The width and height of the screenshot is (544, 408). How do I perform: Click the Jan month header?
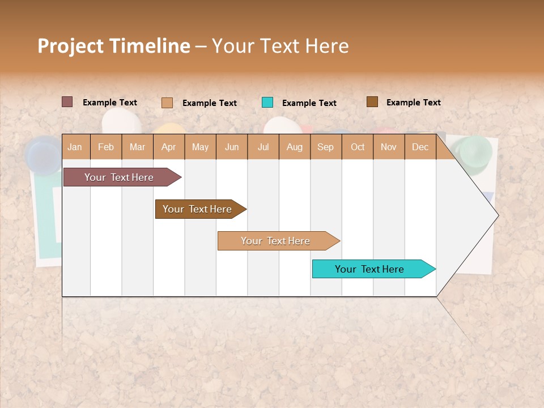(x=75, y=147)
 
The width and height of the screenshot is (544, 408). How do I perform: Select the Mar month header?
(x=137, y=147)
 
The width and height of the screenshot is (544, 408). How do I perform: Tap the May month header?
(x=200, y=147)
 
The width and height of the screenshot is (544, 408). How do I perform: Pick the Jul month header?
(x=263, y=147)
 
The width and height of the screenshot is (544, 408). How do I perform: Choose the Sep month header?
(x=325, y=147)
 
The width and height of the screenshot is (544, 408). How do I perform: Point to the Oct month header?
(x=358, y=147)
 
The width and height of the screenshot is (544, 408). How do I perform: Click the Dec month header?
(x=420, y=147)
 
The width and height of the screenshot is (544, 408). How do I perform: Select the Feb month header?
(x=106, y=147)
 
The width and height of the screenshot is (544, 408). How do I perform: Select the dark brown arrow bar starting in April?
(x=198, y=209)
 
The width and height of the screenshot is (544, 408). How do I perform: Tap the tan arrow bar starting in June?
(x=277, y=241)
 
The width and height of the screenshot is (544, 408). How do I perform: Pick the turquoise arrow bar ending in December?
(x=371, y=269)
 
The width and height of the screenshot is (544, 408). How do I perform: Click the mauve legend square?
(x=67, y=102)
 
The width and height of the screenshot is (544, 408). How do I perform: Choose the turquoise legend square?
(x=267, y=103)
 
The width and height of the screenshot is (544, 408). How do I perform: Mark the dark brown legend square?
(x=372, y=102)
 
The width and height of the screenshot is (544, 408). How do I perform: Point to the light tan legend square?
(x=167, y=103)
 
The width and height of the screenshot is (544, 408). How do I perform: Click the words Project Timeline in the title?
(x=113, y=46)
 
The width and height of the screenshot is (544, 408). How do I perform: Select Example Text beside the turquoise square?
(x=309, y=103)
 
